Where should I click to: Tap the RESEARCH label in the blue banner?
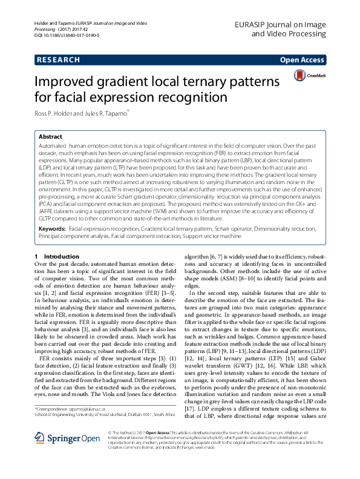[x=58, y=60]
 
